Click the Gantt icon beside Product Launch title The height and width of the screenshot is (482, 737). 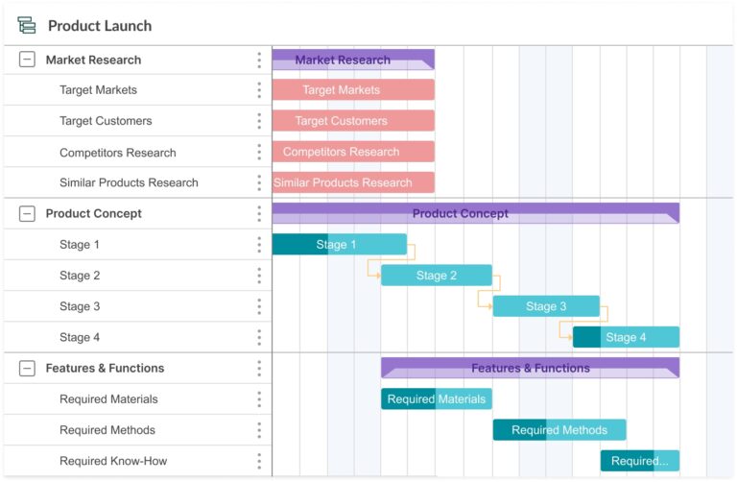pyautogui.click(x=27, y=26)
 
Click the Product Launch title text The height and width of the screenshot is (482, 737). pyautogui.click(x=100, y=26)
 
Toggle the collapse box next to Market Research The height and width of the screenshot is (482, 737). pyautogui.click(x=27, y=60)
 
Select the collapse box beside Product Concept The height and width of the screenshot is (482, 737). pyautogui.click(x=27, y=214)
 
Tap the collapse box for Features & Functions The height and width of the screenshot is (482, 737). pyautogui.click(x=27, y=368)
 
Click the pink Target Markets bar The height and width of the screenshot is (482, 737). pyautogui.click(x=353, y=90)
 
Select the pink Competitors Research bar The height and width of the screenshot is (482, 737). pyautogui.click(x=353, y=152)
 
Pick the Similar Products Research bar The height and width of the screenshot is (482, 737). pyautogui.click(x=353, y=182)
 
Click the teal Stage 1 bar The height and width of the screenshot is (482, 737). pyautogui.click(x=340, y=245)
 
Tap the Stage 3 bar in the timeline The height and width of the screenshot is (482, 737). pyautogui.click(x=546, y=306)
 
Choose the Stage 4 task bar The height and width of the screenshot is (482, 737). pyautogui.click(x=626, y=337)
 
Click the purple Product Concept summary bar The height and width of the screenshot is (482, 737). pyautogui.click(x=475, y=212)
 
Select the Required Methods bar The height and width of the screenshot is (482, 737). pyautogui.click(x=559, y=430)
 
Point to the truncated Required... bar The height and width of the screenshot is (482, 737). pyautogui.click(x=640, y=461)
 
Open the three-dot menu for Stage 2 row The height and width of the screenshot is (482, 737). pyautogui.click(x=259, y=276)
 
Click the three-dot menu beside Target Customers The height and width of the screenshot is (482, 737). pyautogui.click(x=259, y=121)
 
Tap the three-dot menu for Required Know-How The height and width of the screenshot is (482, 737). pyautogui.click(x=259, y=461)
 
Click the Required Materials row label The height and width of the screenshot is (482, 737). pyautogui.click(x=108, y=399)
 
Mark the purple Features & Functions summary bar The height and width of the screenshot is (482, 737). pyautogui.click(x=530, y=367)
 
